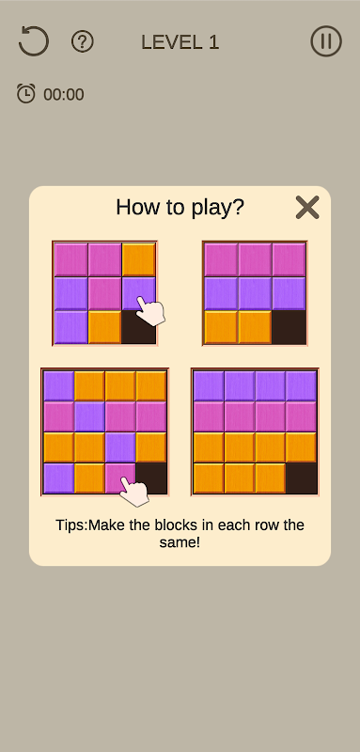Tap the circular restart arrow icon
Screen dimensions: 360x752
tap(34, 41)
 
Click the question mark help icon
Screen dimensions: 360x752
tap(83, 41)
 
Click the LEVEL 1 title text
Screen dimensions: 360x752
tap(180, 42)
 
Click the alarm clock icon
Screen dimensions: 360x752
tap(26, 93)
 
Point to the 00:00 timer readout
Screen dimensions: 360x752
tap(64, 95)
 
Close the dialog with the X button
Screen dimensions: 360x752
tap(307, 208)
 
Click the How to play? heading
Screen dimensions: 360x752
tap(180, 207)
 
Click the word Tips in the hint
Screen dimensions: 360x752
tap(71, 525)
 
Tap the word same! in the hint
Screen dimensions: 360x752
tap(180, 543)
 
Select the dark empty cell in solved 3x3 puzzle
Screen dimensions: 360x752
tap(289, 327)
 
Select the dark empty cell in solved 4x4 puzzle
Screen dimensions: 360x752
tap(301, 478)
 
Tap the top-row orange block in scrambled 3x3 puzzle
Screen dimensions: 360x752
tap(138, 259)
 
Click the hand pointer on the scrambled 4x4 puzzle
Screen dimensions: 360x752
tap(134, 491)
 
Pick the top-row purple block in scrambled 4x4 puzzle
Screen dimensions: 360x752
tap(58, 385)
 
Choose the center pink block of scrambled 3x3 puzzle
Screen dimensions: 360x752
tap(104, 293)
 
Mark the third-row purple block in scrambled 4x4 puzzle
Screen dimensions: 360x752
tap(119, 447)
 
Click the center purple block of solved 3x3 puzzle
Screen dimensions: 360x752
tap(255, 293)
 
